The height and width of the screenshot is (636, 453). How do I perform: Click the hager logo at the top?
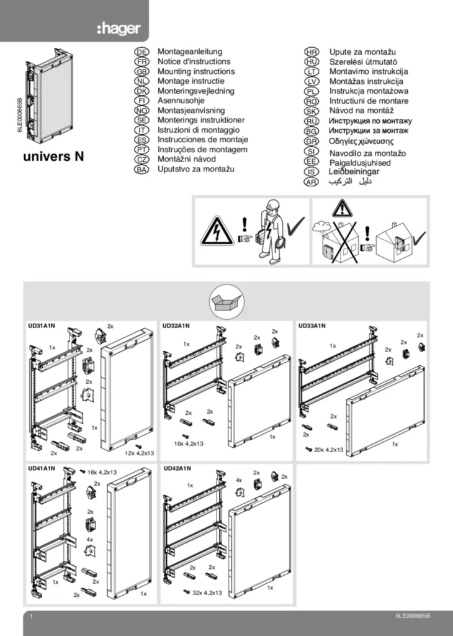(x=119, y=29)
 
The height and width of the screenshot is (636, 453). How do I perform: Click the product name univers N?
(x=53, y=156)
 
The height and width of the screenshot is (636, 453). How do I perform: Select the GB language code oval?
(x=141, y=72)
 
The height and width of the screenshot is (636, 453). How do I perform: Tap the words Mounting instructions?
(x=195, y=71)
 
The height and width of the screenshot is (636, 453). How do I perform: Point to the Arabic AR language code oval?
(x=311, y=181)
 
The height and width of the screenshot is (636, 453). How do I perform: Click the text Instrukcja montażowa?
(x=369, y=91)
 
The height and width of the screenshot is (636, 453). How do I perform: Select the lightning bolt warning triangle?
(x=217, y=232)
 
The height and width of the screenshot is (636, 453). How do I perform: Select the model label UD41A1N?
(x=42, y=468)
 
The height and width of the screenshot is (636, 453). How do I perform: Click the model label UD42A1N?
(x=176, y=468)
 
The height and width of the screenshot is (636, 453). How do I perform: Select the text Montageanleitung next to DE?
(x=190, y=52)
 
